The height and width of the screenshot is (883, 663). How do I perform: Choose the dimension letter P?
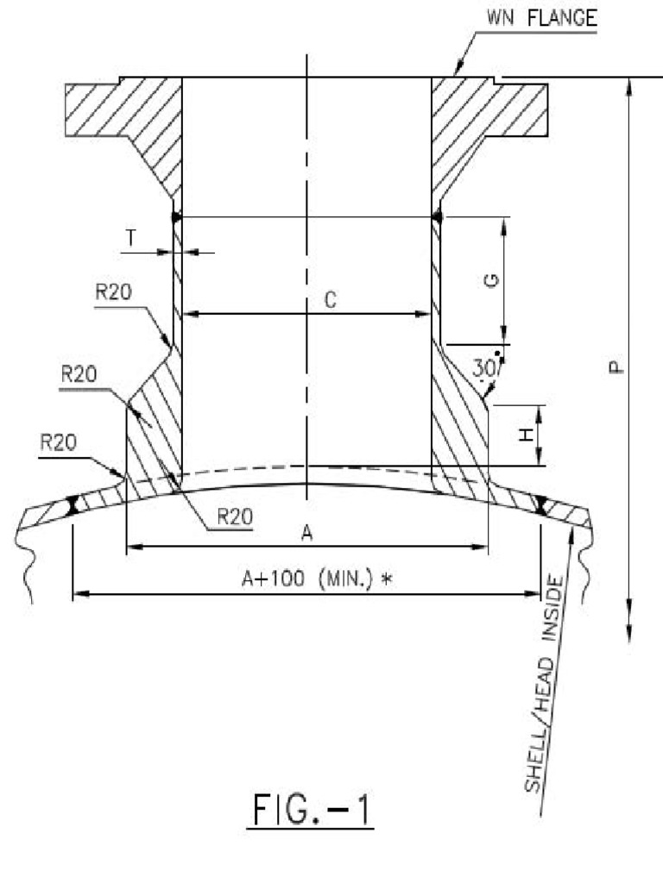614,366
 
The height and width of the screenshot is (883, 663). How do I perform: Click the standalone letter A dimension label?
306,534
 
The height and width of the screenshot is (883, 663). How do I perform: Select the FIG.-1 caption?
311,812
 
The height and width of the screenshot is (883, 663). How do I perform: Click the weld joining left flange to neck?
176,217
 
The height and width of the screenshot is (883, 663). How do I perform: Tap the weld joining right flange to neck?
437,217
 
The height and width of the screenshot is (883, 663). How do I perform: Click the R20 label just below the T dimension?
112,291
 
